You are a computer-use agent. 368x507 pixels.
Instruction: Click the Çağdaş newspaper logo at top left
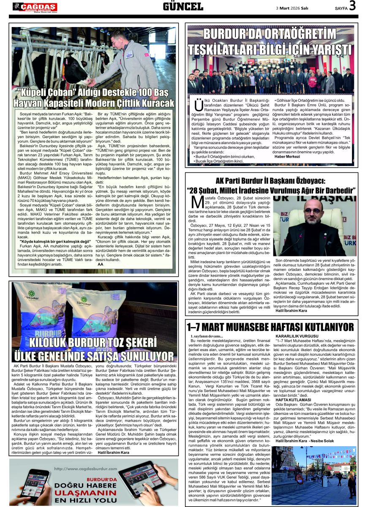pyautogui.click(x=35, y=7)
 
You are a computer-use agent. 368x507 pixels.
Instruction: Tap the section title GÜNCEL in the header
pyautogui.click(x=183, y=6)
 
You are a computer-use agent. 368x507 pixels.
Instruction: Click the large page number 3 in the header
pyautogui.click(x=352, y=6)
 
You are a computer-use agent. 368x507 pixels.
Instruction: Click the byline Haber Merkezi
pyautogui.click(x=287, y=156)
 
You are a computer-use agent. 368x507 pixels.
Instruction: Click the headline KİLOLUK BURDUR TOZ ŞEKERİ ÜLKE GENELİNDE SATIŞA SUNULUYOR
pyautogui.click(x=94, y=349)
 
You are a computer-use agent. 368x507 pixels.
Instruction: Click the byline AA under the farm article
pyautogui.click(x=100, y=264)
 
